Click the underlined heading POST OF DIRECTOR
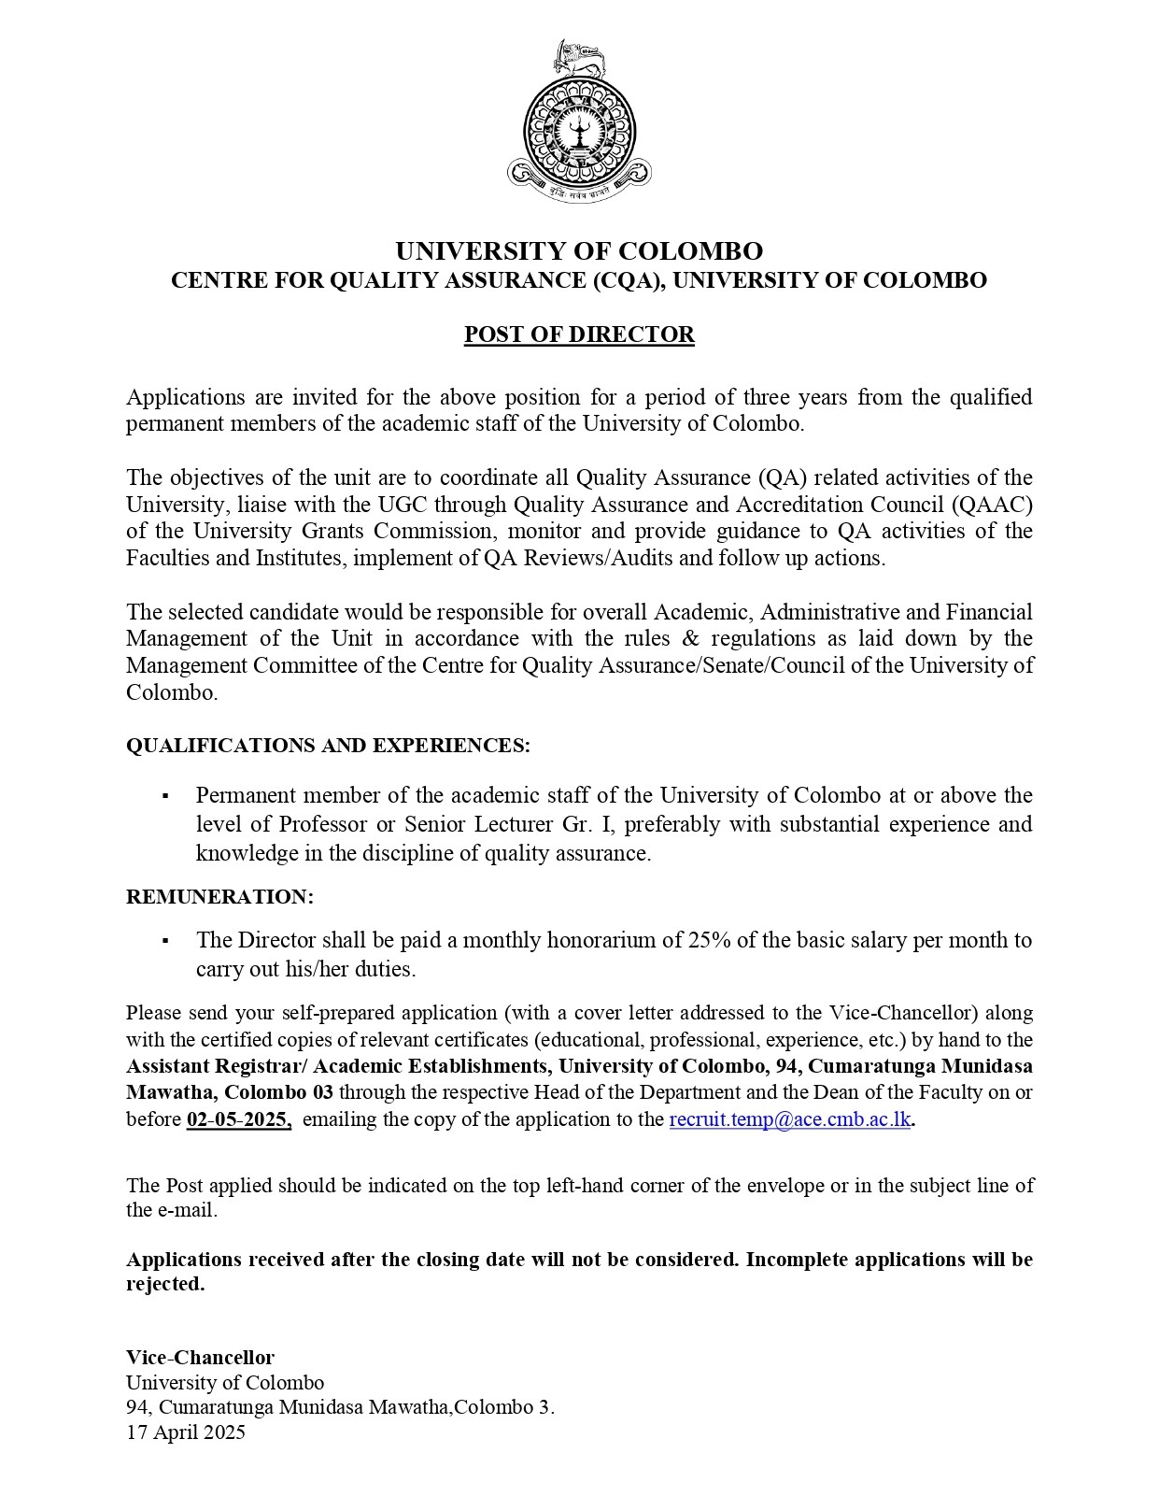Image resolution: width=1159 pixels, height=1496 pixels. point(579,335)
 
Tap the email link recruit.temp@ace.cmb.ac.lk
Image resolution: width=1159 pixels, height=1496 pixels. point(789,1119)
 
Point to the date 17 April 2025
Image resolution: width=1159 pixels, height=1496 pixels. point(186,1432)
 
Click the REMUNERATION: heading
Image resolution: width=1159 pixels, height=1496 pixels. point(220,897)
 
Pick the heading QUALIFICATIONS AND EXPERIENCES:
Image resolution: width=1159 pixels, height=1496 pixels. point(328,746)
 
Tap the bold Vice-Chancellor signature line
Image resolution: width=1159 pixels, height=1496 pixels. point(201,1357)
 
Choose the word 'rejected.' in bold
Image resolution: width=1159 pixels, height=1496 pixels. point(165,1284)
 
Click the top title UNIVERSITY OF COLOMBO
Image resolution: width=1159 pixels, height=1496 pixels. point(579,251)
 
